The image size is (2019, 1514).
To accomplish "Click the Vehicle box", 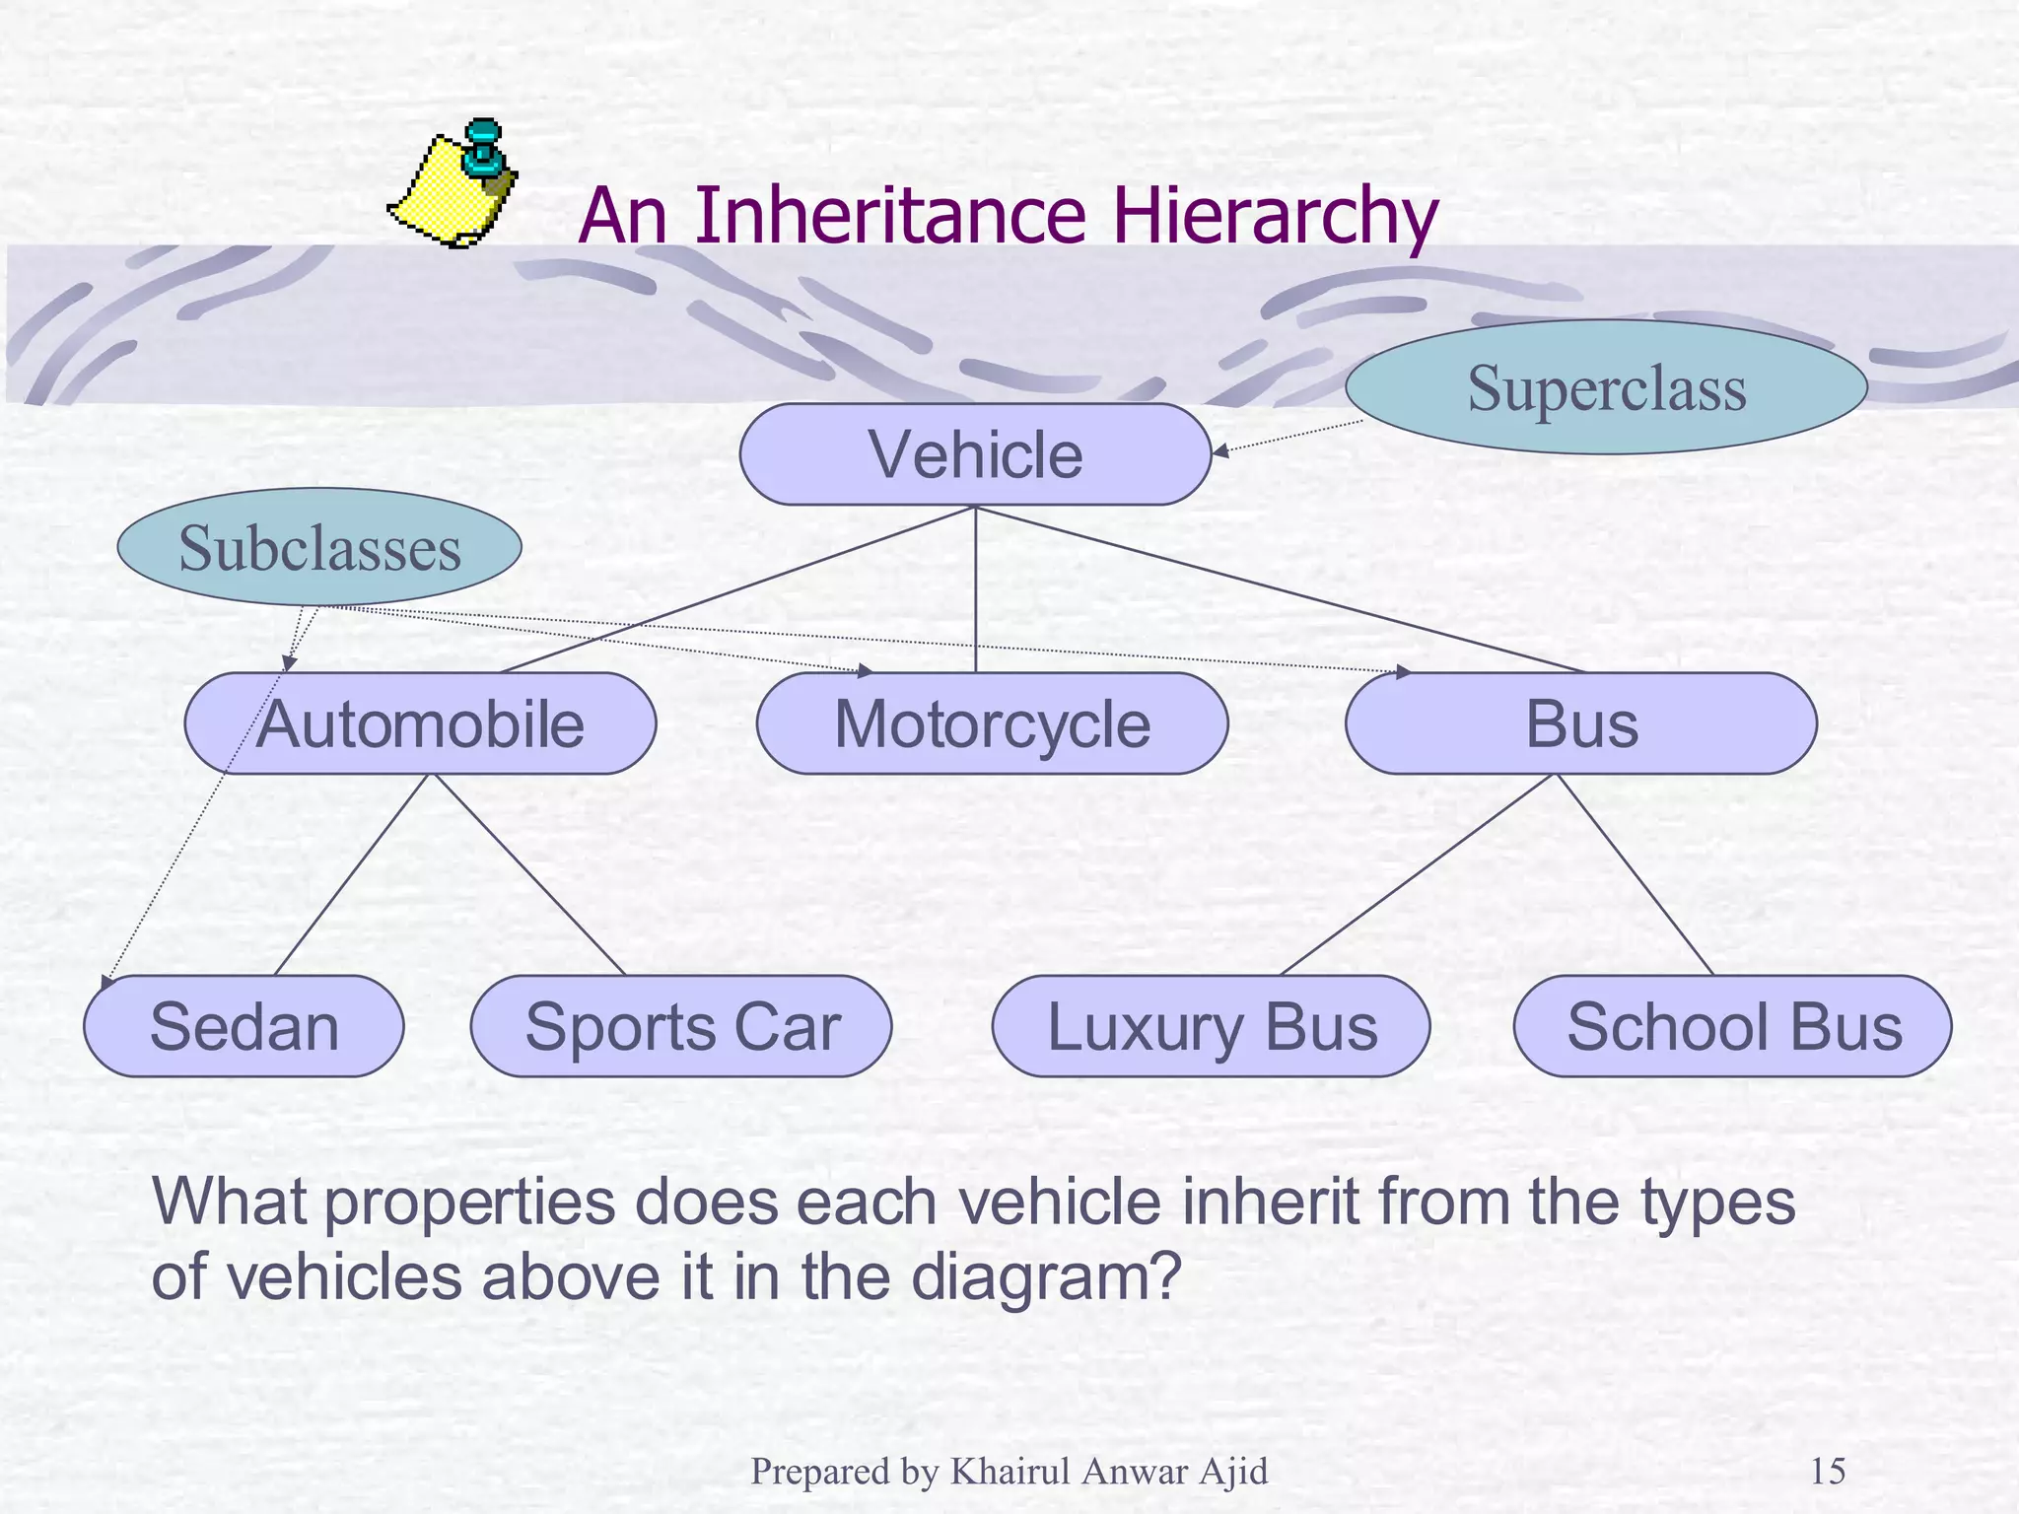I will (x=975, y=454).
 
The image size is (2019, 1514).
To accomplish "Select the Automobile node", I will (x=420, y=723).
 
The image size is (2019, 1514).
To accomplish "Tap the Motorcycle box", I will (x=992, y=723).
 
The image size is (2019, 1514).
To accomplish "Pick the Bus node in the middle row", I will (x=1580, y=723).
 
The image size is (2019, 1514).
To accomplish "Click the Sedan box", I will (x=244, y=1026).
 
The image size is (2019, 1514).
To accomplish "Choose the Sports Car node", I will (x=681, y=1026).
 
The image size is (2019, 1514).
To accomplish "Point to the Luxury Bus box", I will (x=1211, y=1026).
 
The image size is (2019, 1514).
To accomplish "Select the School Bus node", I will (x=1732, y=1026).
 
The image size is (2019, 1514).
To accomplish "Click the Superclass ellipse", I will (x=1606, y=387).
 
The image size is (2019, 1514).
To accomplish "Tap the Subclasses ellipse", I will (x=319, y=547).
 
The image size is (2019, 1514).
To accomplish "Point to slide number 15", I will (x=1828, y=1472).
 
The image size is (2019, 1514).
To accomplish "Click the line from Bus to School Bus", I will (x=1635, y=874).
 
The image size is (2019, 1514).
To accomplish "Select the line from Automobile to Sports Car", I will (x=530, y=874).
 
